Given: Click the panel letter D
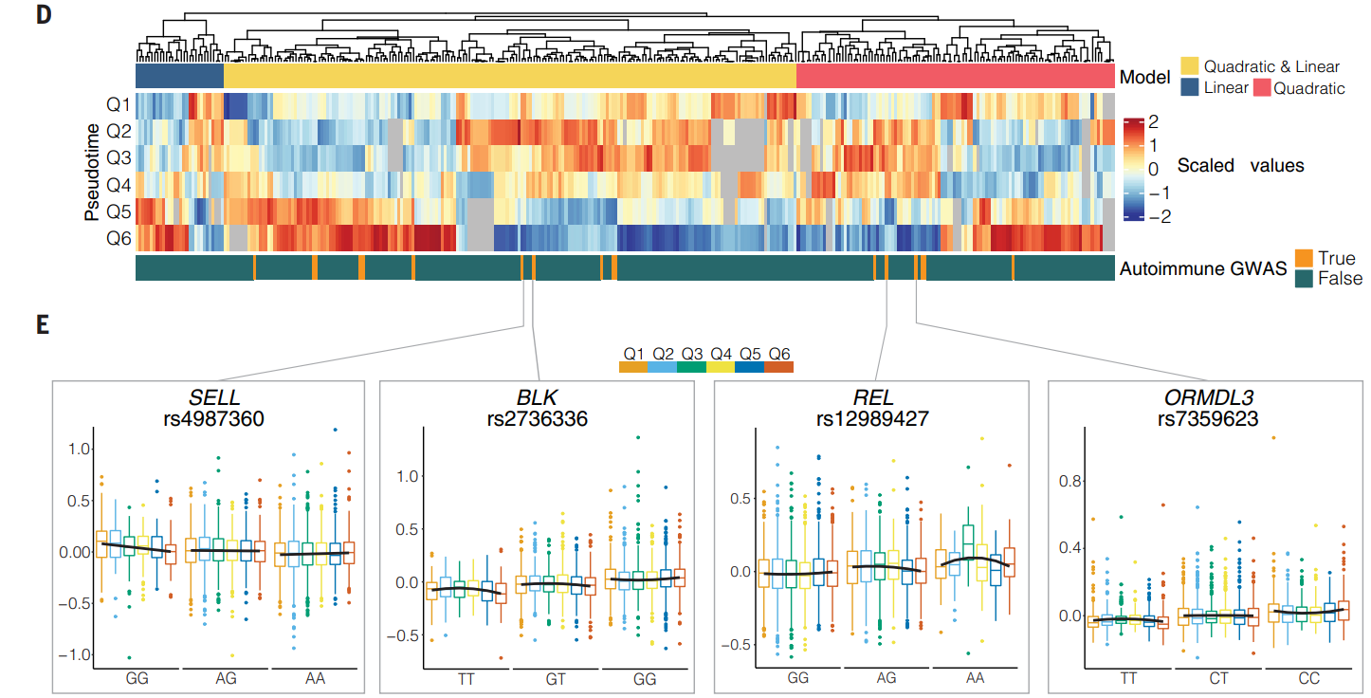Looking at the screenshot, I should click(x=44, y=18).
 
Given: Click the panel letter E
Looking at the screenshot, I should click(x=43, y=324).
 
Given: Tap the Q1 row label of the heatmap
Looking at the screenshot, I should click(x=119, y=105).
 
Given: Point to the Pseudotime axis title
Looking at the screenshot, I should click(x=92, y=172).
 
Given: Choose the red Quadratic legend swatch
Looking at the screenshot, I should click(x=1261, y=88).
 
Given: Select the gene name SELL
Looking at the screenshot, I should click(x=214, y=397).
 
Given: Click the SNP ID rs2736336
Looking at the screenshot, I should click(x=538, y=418).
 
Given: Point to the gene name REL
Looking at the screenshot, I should click(x=872, y=397).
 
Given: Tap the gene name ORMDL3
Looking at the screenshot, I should click(x=1206, y=397).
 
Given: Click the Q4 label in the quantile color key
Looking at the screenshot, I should click(x=721, y=353).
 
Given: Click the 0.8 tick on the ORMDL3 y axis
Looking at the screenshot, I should click(x=1069, y=481).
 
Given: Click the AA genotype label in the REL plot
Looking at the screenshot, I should click(x=975, y=679).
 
